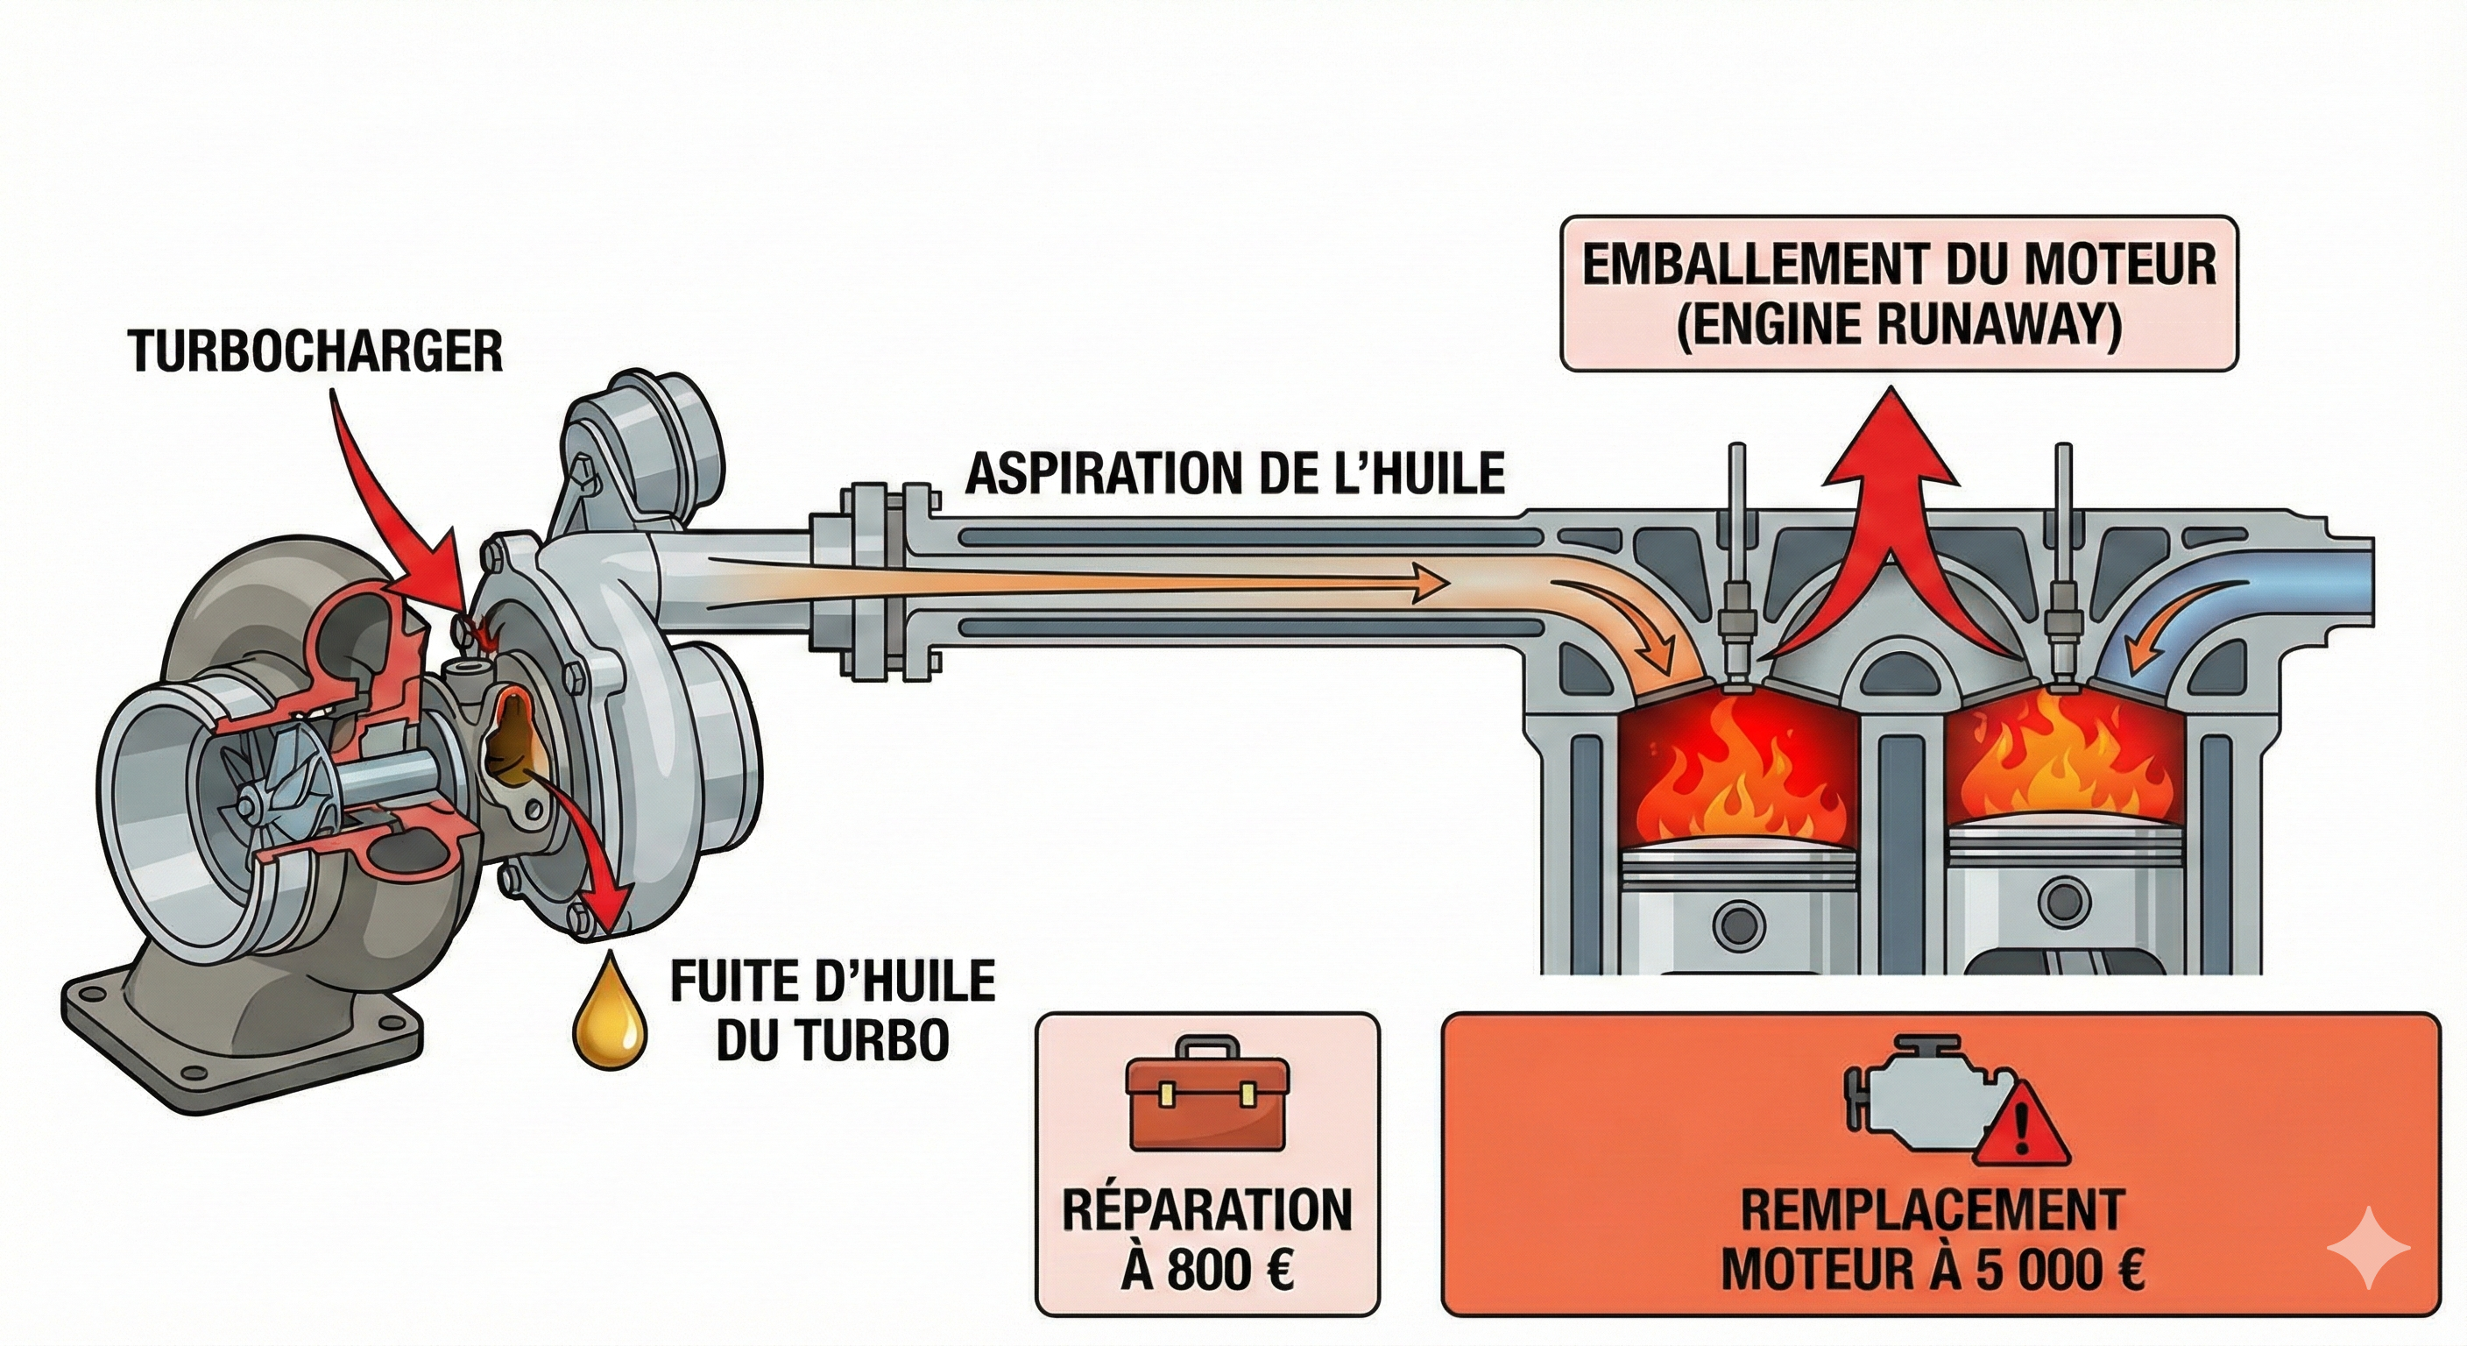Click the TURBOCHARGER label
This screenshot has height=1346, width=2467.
[316, 351]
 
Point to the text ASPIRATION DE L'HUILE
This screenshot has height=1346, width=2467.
[1234, 474]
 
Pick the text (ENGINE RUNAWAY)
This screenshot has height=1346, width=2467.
[1898, 325]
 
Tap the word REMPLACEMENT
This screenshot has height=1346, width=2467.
[1932, 1211]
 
